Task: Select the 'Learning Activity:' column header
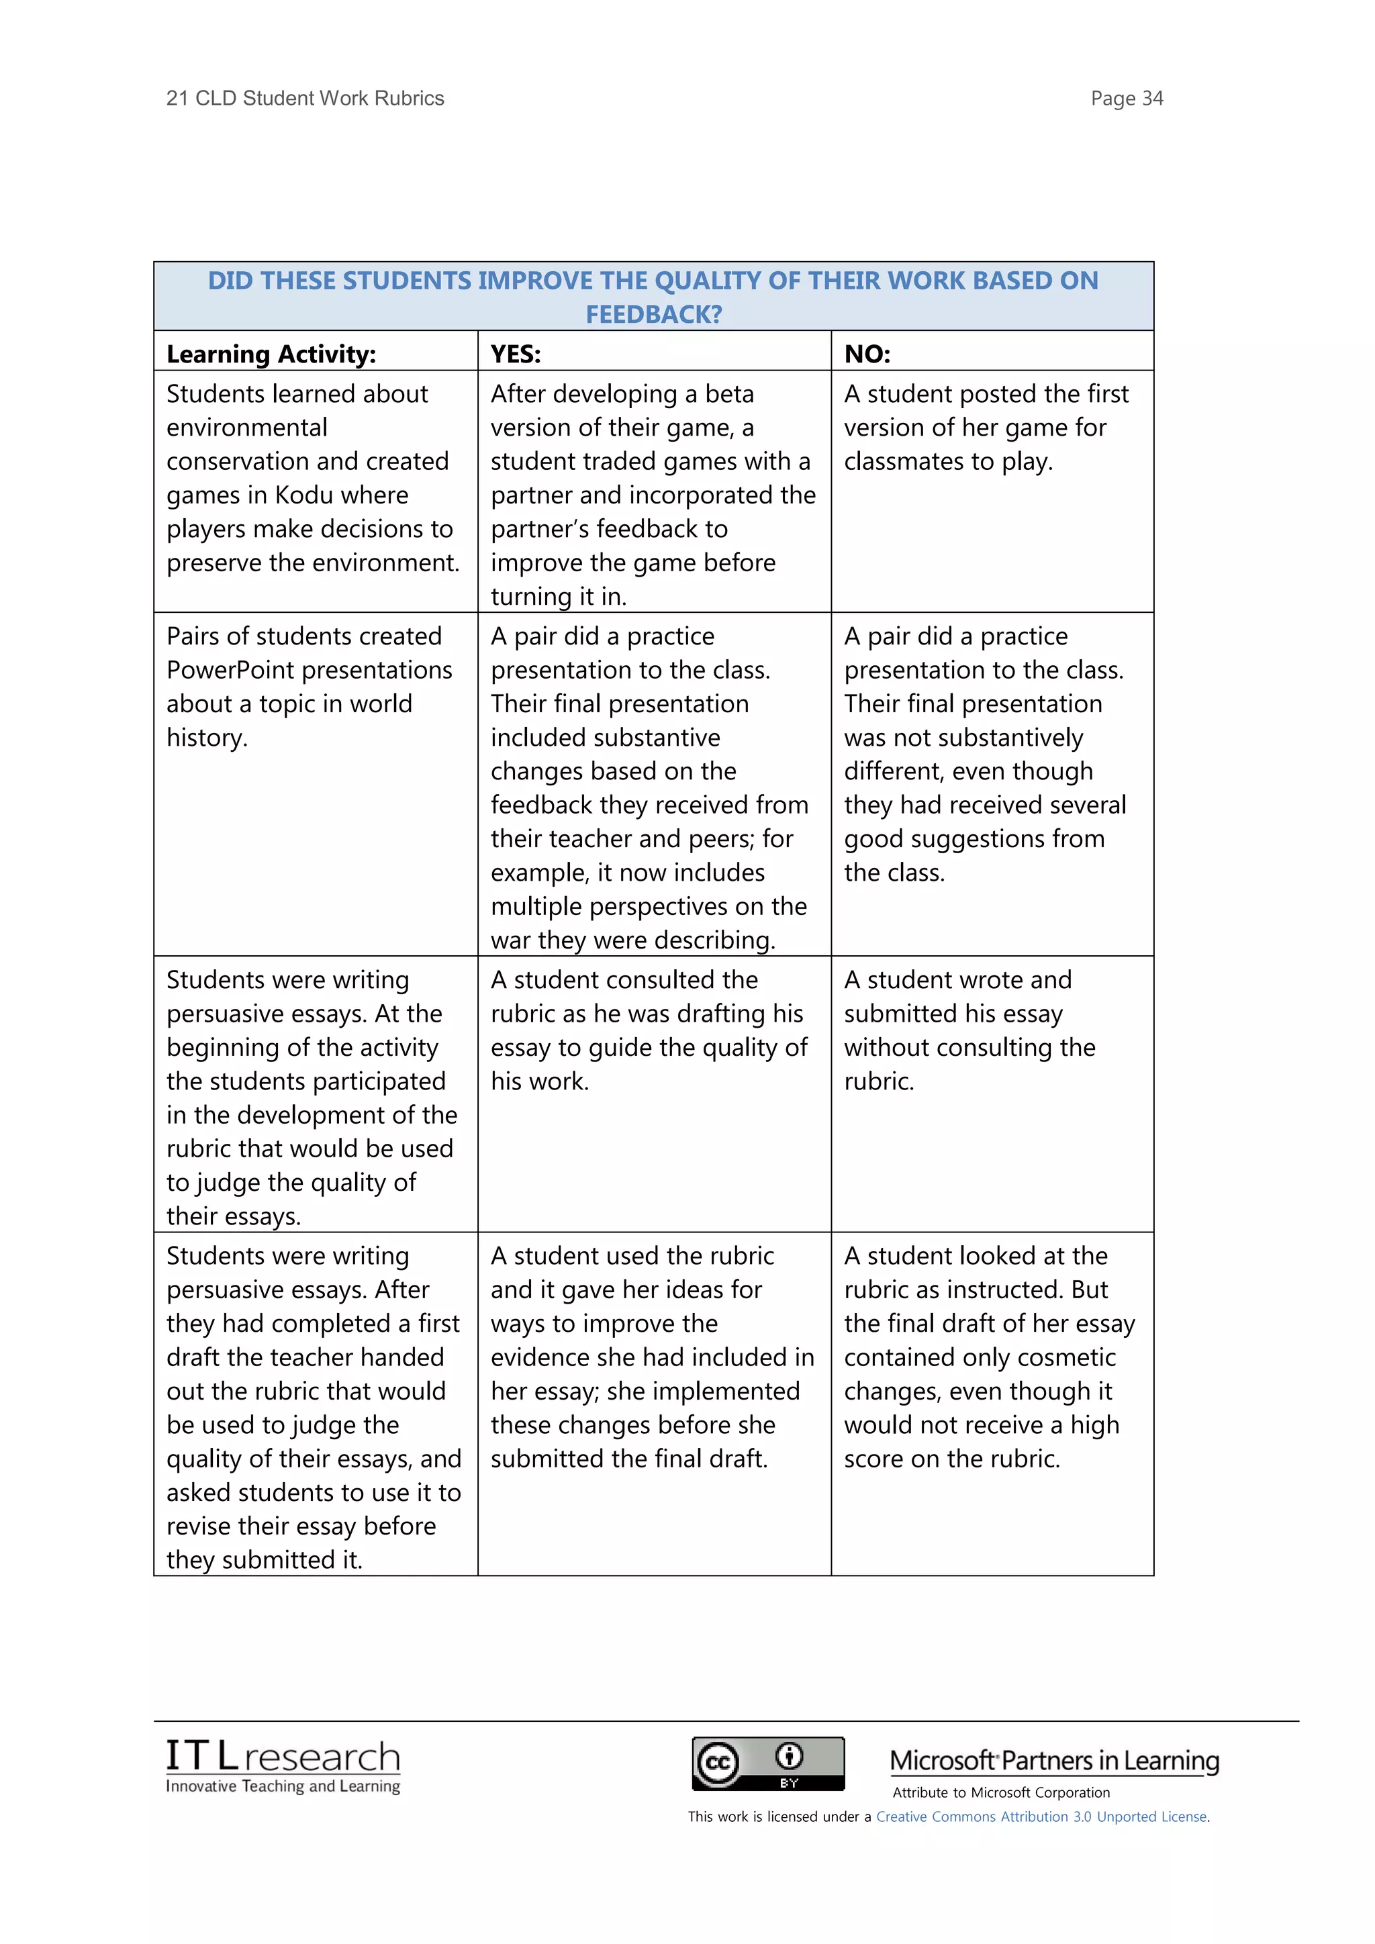pos(271,354)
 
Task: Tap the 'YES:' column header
pos(515,354)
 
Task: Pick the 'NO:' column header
pos(867,354)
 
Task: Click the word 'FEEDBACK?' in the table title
pos(654,314)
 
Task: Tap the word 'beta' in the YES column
pos(729,394)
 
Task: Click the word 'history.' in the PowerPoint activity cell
pos(207,738)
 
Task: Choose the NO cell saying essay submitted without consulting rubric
pos(969,1030)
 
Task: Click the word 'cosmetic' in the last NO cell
pos(1066,1357)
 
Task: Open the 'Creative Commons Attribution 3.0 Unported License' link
pos(1041,1816)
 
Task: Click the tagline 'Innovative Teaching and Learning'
pos(283,1786)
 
